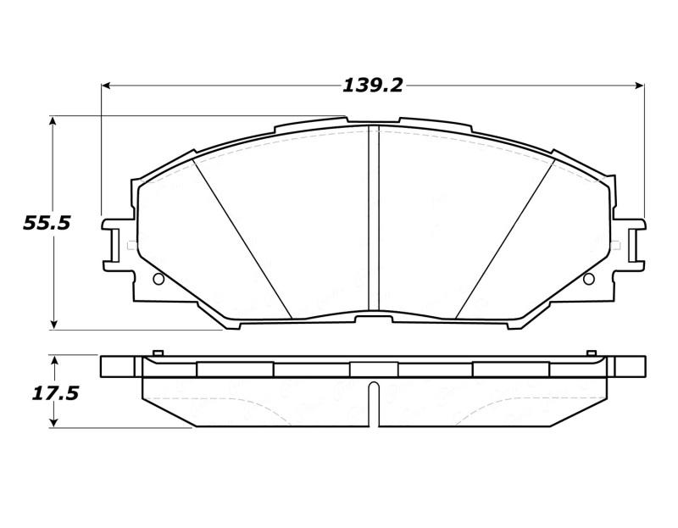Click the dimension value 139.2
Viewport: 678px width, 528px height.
tap(372, 85)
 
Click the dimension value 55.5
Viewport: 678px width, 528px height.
tap(47, 223)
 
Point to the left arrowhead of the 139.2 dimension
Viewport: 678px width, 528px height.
tap(107, 85)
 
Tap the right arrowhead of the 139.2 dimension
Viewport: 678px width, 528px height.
tap(639, 85)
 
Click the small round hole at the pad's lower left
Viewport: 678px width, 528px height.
tap(158, 279)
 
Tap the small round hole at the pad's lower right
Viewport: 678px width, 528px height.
tap(588, 279)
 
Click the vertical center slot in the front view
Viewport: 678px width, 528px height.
tap(373, 220)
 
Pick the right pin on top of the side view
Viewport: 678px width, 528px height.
tap(592, 353)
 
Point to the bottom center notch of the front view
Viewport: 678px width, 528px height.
tap(373, 318)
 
